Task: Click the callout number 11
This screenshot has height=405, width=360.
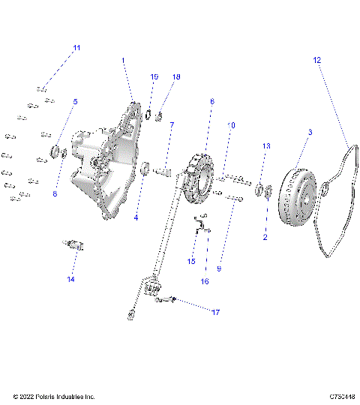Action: (x=76, y=48)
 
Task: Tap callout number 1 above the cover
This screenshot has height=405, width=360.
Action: (x=124, y=59)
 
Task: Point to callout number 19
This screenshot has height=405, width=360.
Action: (x=154, y=77)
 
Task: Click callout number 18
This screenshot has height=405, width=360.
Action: (x=177, y=77)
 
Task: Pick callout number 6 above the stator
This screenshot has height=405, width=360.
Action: (x=212, y=100)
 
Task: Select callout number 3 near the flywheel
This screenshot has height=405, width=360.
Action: (x=310, y=132)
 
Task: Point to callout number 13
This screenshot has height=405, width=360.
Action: (x=265, y=145)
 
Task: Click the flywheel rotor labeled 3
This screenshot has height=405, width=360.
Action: (x=299, y=199)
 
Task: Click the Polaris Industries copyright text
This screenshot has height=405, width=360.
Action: (x=54, y=396)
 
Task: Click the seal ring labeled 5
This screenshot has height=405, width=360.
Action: (x=55, y=153)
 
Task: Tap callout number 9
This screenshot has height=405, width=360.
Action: (x=219, y=268)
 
